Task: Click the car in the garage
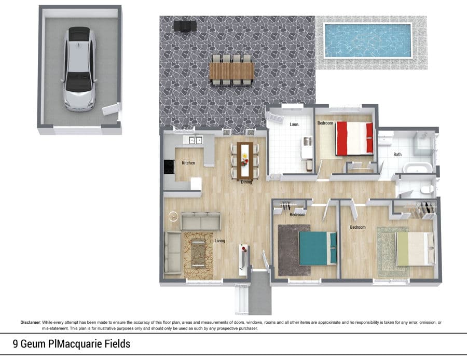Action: pos(79,69)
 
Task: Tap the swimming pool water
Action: pos(368,40)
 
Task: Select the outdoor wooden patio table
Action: pos(232,71)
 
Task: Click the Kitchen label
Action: pos(188,163)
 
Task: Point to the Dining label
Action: pos(246,182)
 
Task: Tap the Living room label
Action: pos(220,241)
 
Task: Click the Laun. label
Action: pos(294,124)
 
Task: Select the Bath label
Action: pos(397,154)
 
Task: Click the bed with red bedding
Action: pos(354,139)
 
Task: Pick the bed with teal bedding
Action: pos(318,248)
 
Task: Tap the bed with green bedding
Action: pos(415,249)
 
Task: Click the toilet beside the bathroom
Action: pos(426,190)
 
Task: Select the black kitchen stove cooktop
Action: pos(170,167)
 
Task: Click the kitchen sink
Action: pos(196,140)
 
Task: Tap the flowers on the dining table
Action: pos(245,160)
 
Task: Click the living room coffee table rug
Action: pos(198,256)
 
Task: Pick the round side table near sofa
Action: pos(173,216)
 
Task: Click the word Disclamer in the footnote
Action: pos(30,322)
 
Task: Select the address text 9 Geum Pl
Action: pos(34,344)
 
